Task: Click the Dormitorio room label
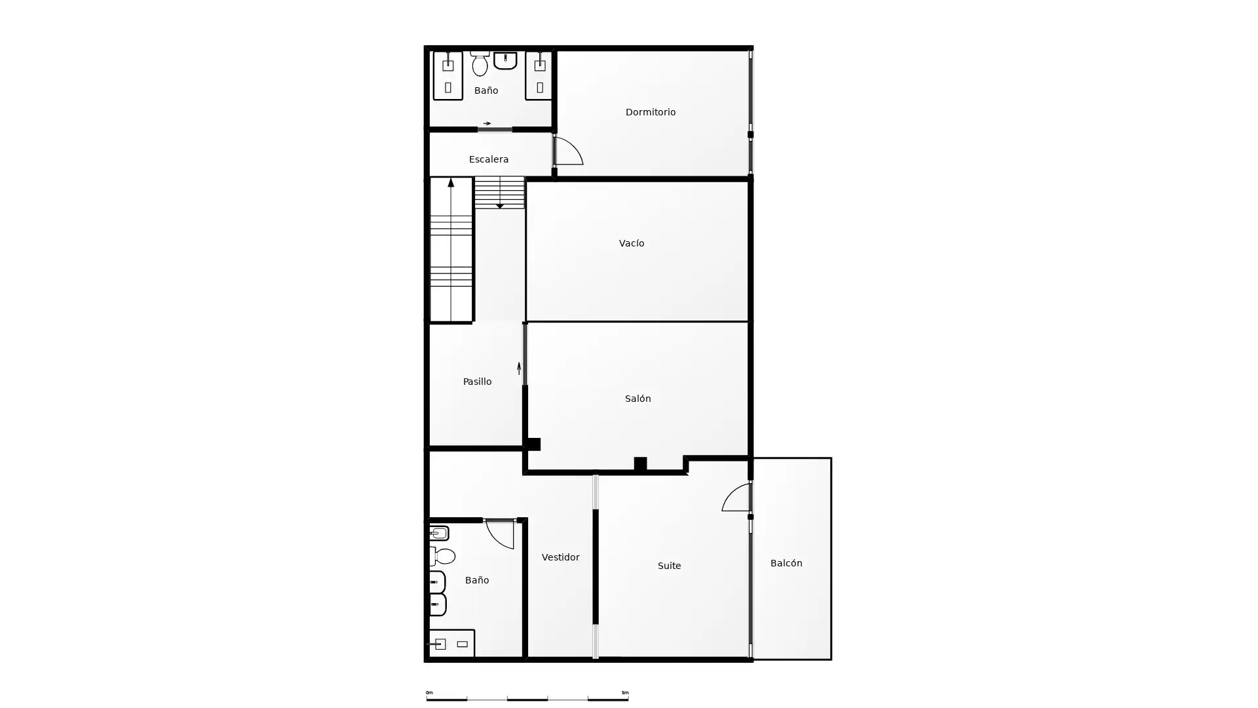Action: (650, 112)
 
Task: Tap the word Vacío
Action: (632, 243)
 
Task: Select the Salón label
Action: (638, 399)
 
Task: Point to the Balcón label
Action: (786, 563)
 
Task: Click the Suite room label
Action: (669, 566)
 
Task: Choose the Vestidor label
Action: (560, 557)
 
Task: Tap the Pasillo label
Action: (477, 382)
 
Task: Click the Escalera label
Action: (489, 159)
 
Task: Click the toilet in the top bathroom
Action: (480, 64)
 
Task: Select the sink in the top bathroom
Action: (505, 60)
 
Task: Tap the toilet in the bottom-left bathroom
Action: (443, 556)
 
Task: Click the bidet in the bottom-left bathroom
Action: (439, 533)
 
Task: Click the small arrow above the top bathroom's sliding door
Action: (487, 123)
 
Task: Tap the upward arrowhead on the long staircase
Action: (451, 183)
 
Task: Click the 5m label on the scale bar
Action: (625, 692)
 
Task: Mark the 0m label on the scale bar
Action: (429, 692)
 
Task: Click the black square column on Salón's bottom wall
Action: (640, 464)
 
